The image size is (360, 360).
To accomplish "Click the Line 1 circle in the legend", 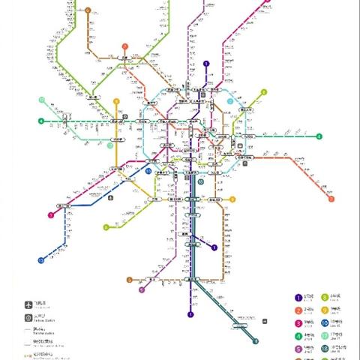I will (298, 298).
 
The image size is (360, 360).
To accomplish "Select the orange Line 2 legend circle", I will (298, 309).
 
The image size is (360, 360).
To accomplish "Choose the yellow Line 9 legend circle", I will (324, 309).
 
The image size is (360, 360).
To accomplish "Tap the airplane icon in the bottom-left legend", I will (28, 304).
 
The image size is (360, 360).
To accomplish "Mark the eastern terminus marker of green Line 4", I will (319, 136).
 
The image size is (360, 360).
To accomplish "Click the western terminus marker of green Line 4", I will (40, 121).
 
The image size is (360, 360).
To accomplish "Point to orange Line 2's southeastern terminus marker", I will (331, 199).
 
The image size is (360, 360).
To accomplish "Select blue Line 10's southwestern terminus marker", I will (40, 259).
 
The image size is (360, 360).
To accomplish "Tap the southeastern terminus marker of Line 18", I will (255, 341).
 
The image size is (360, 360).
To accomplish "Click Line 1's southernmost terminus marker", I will (190, 314).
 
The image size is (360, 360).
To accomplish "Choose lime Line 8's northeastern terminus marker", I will (264, 92).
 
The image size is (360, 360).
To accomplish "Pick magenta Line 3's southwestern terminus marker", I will (50, 215).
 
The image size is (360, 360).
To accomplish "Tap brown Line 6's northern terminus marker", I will (88, 10).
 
